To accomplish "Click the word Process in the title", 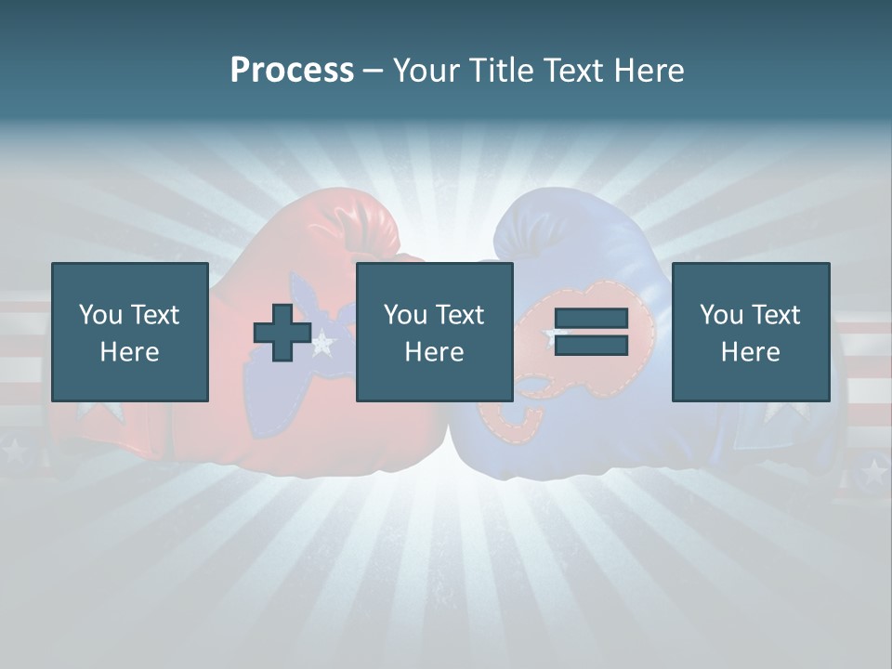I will tap(292, 71).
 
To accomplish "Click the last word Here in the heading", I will tap(648, 71).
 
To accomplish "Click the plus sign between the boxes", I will tap(282, 332).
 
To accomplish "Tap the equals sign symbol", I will tap(591, 332).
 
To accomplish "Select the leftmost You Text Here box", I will tap(129, 332).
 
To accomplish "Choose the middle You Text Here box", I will tap(434, 332).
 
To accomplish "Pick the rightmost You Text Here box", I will tap(750, 332).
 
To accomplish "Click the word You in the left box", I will tap(100, 314).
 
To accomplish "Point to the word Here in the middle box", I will tap(434, 351).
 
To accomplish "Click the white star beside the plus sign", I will tap(322, 344).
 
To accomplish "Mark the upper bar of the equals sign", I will tap(591, 319).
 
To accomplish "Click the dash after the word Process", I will tap(374, 71).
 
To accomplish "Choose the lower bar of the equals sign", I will tap(591, 345).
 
